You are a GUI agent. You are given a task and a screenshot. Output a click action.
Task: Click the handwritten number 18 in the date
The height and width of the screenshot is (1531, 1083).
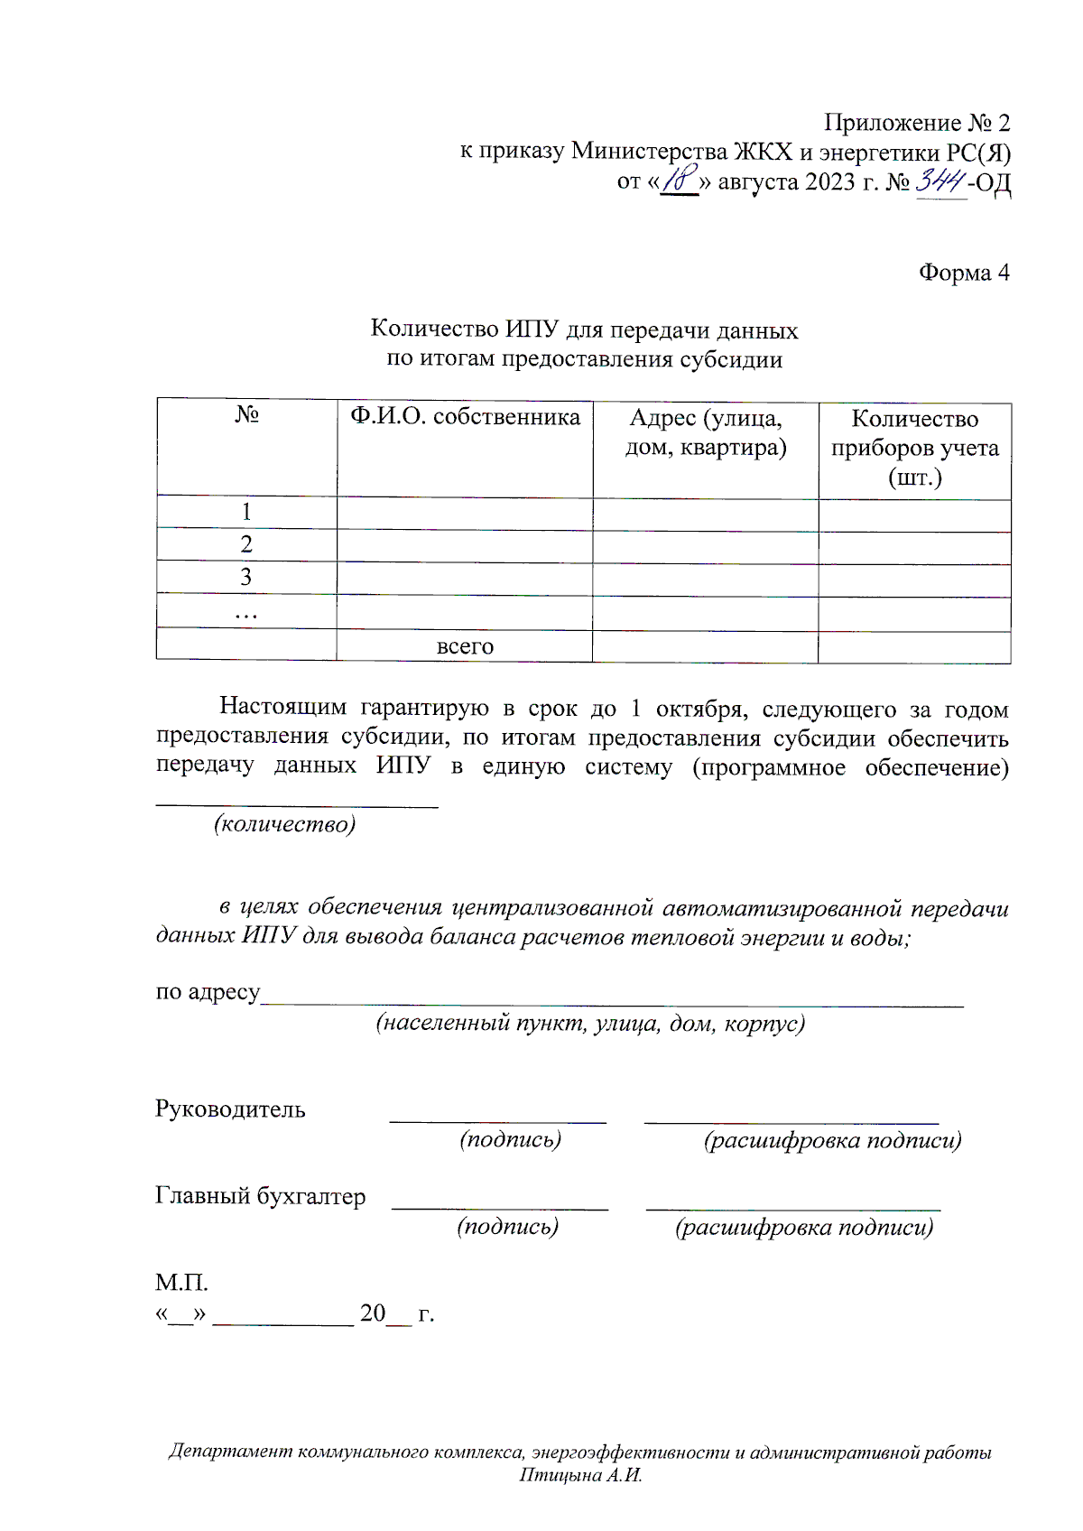click(680, 180)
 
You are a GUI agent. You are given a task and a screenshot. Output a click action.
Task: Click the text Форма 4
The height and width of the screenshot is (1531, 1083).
click(963, 273)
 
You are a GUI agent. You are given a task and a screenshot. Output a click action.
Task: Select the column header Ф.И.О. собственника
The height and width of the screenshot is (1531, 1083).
click(465, 417)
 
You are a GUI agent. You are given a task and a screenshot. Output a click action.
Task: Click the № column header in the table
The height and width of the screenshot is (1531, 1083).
click(246, 414)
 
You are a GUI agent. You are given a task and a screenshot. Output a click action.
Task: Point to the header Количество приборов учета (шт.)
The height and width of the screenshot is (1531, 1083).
click(914, 448)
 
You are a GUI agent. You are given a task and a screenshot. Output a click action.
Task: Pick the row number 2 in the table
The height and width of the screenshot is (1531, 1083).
click(246, 544)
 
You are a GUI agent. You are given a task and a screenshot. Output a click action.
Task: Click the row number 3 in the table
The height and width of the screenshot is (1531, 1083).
click(246, 578)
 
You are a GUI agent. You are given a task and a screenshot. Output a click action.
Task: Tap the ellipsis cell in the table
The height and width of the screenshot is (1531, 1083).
click(246, 614)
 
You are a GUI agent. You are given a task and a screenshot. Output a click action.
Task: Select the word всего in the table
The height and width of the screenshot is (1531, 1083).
click(465, 646)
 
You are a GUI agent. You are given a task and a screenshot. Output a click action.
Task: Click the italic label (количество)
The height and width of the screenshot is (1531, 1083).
click(284, 824)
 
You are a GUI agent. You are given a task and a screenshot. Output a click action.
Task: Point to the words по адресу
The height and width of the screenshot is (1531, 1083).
click(208, 992)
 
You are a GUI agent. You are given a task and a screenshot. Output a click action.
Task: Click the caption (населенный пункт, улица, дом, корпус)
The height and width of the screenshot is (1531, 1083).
click(590, 1024)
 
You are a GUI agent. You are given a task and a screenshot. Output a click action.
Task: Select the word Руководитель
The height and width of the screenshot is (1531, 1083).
click(230, 1109)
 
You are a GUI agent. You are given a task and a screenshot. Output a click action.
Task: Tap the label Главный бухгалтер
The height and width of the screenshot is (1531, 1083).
click(260, 1196)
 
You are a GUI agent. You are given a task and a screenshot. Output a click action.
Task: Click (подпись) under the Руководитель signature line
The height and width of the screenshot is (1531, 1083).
click(511, 1139)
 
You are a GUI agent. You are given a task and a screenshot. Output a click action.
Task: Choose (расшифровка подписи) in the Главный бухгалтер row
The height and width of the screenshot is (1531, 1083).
click(804, 1228)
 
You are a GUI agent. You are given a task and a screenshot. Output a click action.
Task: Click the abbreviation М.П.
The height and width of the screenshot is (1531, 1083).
click(181, 1282)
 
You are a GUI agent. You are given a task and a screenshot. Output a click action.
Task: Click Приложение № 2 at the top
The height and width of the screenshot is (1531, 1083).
click(916, 123)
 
